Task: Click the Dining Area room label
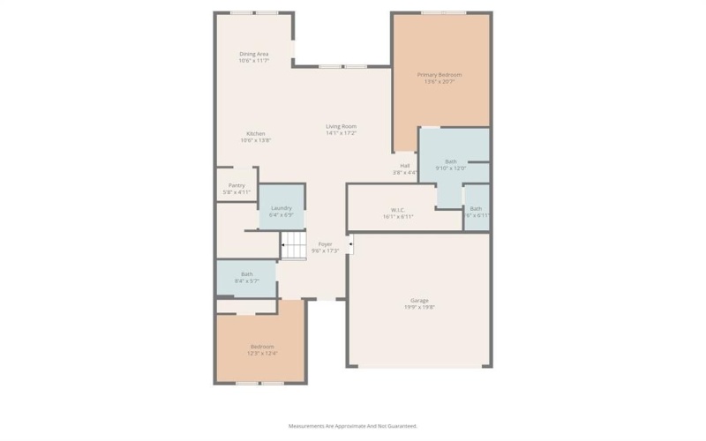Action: coord(253,54)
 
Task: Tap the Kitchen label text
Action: coord(256,133)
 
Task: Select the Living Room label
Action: coord(341,126)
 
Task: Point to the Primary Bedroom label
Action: coord(439,75)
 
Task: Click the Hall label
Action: coord(405,165)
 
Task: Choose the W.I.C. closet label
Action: coord(398,209)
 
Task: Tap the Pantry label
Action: coord(237,185)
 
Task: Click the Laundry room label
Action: coord(282,208)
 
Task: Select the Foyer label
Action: coord(326,243)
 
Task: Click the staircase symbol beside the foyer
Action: coord(293,247)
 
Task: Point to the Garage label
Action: coord(419,300)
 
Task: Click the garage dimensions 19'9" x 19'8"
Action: coord(419,307)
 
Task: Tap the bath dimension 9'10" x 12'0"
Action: coord(451,168)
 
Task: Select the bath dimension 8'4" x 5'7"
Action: coord(246,281)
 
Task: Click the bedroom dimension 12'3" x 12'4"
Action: coord(262,353)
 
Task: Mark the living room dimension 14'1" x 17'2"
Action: coord(341,133)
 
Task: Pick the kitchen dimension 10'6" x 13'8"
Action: coord(256,140)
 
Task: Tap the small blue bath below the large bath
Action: coord(476,210)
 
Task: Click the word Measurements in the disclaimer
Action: coord(307,425)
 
